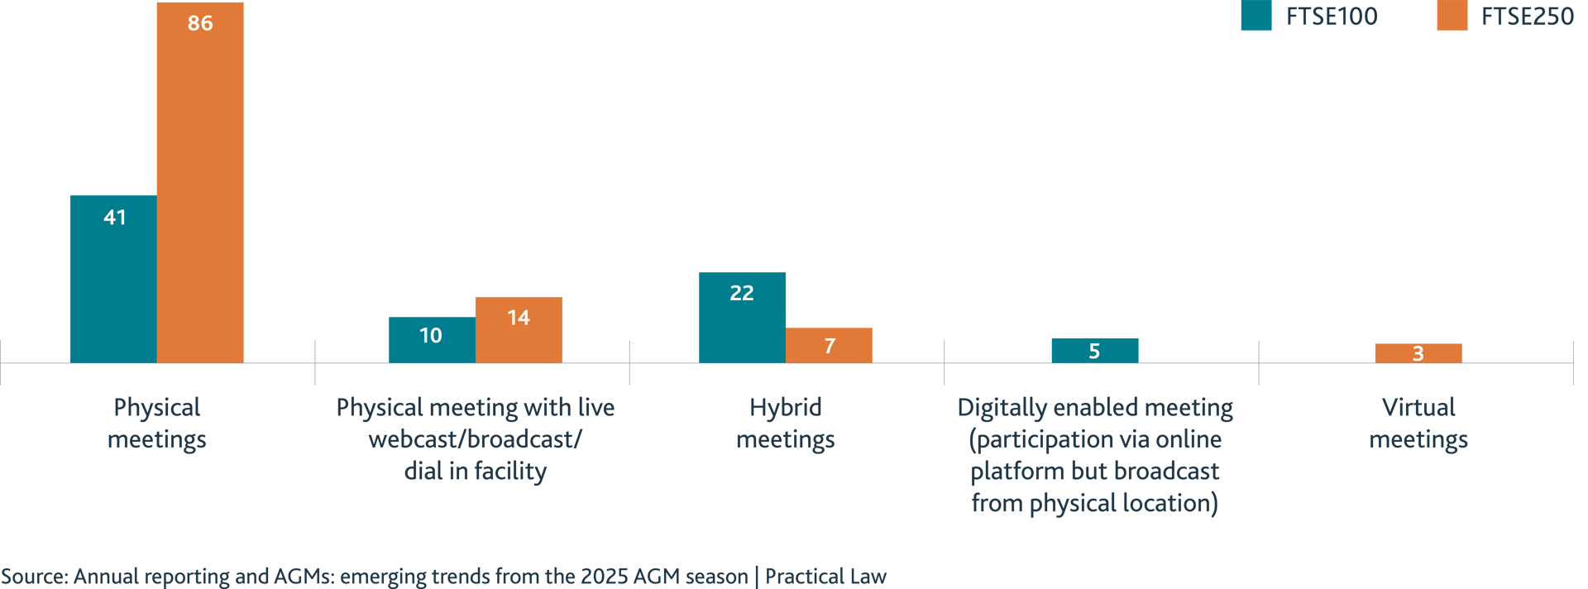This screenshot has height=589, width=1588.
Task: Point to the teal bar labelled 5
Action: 1094,350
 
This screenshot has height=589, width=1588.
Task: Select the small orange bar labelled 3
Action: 1418,353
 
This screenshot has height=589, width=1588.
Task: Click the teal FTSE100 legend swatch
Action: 1256,17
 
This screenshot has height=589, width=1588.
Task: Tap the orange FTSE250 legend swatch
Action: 1452,17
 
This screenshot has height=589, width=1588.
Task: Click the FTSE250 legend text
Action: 1528,17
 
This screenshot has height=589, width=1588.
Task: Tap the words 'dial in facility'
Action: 476,471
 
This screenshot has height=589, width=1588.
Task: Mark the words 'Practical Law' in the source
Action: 825,576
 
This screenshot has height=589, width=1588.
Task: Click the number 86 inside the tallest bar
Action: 200,23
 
